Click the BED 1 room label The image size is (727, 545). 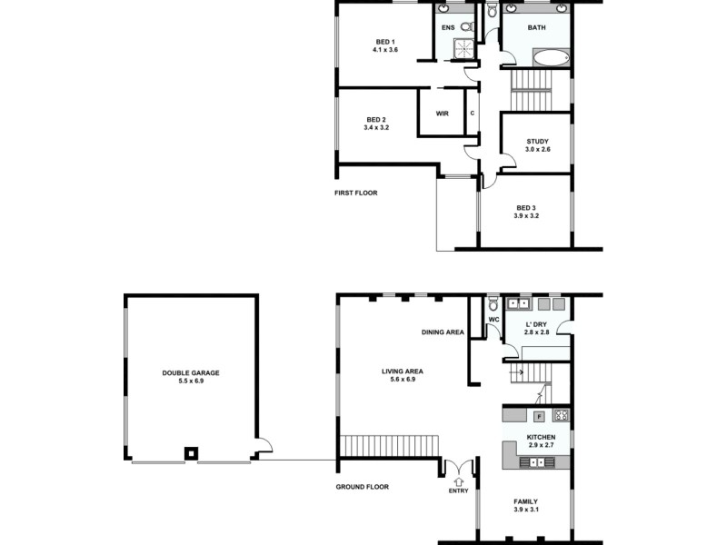(385, 42)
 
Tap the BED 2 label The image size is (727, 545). (376, 120)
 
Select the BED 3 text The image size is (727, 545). (526, 207)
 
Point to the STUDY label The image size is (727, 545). (537, 141)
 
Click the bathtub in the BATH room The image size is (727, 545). (550, 59)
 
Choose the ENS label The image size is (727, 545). (448, 27)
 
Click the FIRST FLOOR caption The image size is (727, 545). (356, 193)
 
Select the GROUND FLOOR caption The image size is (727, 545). (362, 487)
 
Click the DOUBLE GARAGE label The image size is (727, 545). (191, 372)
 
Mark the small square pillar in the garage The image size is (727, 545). (191, 451)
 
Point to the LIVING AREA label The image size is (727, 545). (403, 371)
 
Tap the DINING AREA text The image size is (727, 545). (443, 332)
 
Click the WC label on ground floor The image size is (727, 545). (493, 320)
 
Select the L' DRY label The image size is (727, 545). (537, 324)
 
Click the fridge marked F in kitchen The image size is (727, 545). (539, 416)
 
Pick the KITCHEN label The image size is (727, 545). (541, 438)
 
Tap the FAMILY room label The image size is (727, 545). (526, 501)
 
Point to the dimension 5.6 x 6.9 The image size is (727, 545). (403, 379)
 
